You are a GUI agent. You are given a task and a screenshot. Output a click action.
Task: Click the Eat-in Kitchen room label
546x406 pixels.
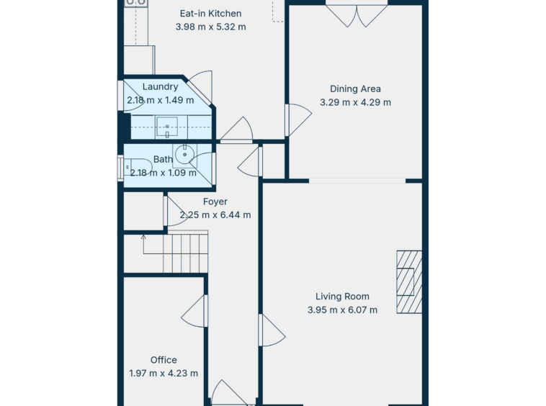210,14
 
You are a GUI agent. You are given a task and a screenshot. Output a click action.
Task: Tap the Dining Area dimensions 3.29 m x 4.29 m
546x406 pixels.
355,102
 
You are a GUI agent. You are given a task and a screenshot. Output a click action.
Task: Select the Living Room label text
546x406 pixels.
342,297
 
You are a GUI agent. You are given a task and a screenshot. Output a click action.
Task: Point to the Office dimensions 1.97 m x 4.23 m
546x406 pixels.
164,374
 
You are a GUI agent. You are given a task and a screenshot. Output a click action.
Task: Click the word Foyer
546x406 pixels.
215,202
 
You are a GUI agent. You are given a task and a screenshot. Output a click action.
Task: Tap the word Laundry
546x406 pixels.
160,86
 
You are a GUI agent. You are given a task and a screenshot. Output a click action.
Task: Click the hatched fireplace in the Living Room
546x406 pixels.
409,281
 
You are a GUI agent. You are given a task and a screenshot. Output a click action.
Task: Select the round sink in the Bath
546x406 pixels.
184,155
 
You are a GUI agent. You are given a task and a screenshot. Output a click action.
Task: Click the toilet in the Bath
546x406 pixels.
137,167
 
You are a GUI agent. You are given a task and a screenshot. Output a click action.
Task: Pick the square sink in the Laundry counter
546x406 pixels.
167,127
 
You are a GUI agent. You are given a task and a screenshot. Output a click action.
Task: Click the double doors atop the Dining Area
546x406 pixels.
357,16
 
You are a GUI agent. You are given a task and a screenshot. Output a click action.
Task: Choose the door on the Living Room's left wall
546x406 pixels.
272,330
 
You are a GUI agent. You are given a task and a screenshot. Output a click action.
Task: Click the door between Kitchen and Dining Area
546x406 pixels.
298,120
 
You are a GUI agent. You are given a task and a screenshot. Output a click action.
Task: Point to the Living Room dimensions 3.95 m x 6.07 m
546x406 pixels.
342,310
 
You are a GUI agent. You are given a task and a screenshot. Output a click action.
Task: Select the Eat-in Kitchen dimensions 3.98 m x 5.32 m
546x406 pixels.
210,27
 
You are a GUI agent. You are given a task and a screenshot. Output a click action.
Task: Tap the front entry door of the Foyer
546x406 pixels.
230,393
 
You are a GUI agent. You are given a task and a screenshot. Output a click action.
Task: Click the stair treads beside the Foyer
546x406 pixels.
185,253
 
